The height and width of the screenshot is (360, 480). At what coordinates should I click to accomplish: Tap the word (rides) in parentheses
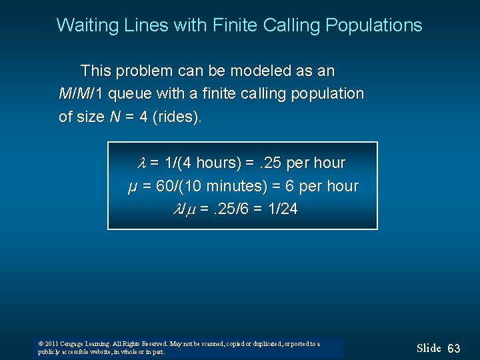177,117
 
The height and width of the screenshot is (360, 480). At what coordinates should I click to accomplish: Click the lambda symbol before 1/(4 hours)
141,163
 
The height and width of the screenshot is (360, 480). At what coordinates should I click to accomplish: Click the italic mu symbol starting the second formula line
132,187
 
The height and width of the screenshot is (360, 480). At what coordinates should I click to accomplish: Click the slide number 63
454,349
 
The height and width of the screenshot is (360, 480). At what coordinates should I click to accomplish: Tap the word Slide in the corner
429,348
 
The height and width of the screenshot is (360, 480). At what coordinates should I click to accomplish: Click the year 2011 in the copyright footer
51,344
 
